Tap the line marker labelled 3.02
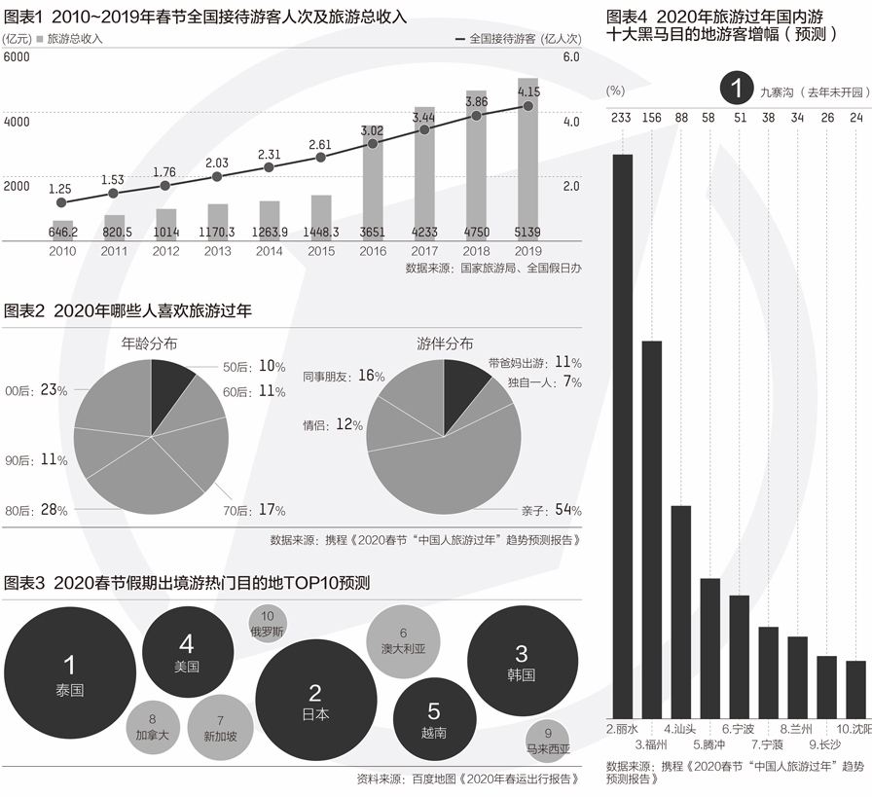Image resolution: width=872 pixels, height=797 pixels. pyautogui.click(x=372, y=143)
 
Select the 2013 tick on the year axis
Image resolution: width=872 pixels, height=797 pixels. pyautogui.click(x=217, y=251)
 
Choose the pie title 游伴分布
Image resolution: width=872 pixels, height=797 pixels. pyautogui.click(x=445, y=344)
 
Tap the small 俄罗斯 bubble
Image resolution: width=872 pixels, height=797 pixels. pyautogui.click(x=268, y=624)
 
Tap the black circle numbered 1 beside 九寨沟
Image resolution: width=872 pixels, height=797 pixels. pyautogui.click(x=737, y=90)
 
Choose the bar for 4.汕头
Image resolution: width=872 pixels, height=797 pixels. pyautogui.click(x=680, y=612)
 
